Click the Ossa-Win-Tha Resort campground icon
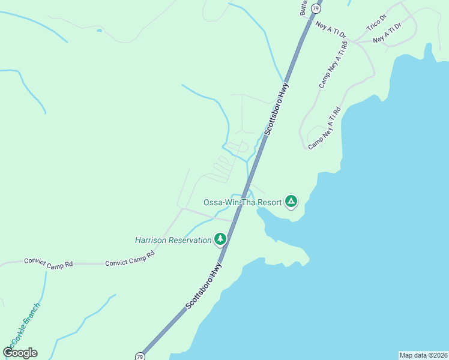(x=291, y=201)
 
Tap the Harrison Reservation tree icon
(x=220, y=240)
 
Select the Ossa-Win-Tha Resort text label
(x=243, y=202)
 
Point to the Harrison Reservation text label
(x=173, y=240)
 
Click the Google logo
(x=20, y=353)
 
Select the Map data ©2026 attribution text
(x=424, y=355)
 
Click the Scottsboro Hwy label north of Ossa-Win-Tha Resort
(x=274, y=110)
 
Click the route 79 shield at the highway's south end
(x=139, y=355)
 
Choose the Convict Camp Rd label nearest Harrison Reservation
(x=130, y=259)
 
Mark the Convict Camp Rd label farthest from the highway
(x=48, y=262)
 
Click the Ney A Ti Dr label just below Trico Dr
(x=387, y=34)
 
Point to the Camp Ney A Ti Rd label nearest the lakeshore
(x=324, y=129)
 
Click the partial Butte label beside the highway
(x=304, y=7)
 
